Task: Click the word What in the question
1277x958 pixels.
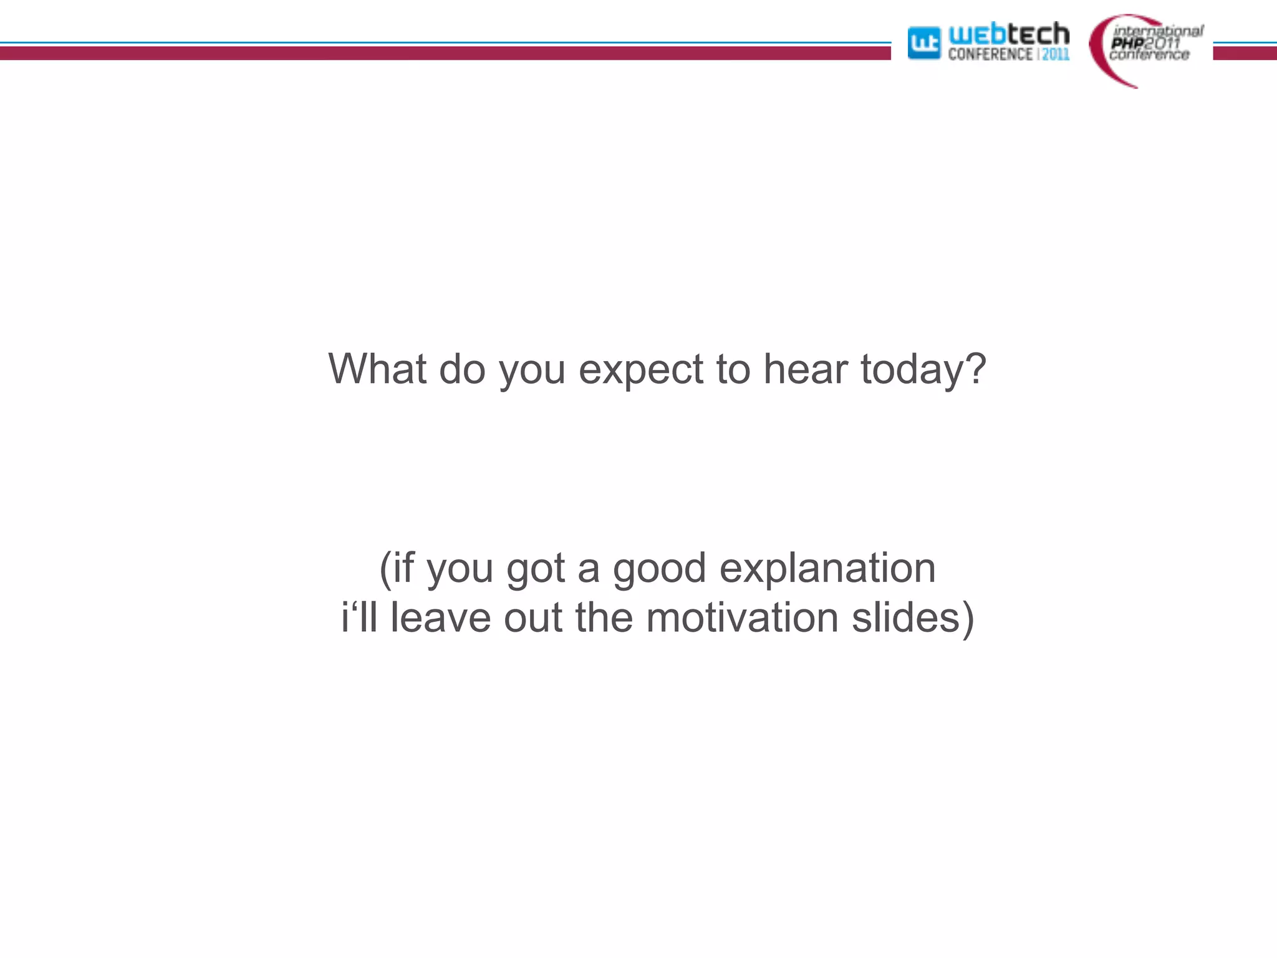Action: (x=377, y=369)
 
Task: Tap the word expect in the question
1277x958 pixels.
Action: (x=640, y=370)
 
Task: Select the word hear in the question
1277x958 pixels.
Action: (x=806, y=369)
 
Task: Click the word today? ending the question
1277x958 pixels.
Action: (x=923, y=370)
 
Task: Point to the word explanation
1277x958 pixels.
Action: (x=827, y=569)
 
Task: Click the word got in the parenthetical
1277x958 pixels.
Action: (x=536, y=569)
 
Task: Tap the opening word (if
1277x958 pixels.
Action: (x=397, y=569)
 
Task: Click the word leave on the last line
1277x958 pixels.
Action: (x=440, y=617)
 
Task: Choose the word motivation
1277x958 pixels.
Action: (x=742, y=617)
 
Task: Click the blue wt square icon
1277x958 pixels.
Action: (x=923, y=43)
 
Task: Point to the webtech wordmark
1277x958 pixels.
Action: (x=1008, y=34)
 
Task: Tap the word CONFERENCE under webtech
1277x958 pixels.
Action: (x=990, y=54)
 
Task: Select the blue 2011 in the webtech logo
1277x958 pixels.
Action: (x=1056, y=54)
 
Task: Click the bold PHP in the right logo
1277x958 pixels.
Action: (x=1127, y=42)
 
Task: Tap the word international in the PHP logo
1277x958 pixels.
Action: (x=1158, y=31)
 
